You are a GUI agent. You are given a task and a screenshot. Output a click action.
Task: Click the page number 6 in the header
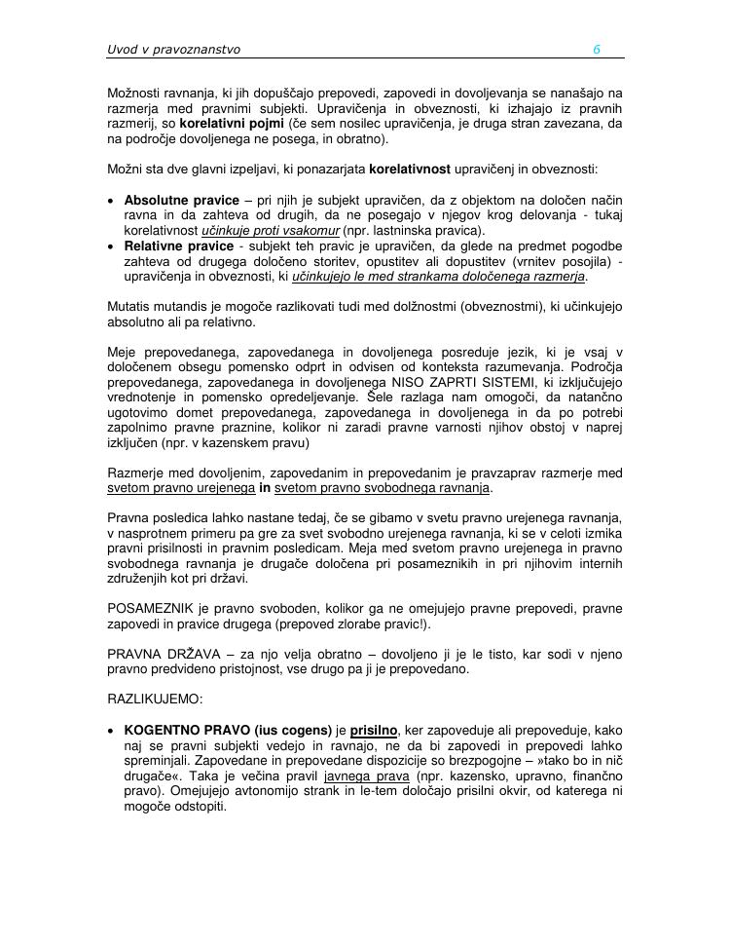coord(596,49)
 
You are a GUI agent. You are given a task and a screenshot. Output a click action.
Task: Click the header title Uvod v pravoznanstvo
coord(173,49)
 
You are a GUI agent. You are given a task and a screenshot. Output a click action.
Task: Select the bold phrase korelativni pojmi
coord(232,125)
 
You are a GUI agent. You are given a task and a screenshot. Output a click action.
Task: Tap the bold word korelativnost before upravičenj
coord(410,170)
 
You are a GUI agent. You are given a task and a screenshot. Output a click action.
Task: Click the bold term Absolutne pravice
coord(181,200)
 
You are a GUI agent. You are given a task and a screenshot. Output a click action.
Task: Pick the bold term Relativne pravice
coord(179,246)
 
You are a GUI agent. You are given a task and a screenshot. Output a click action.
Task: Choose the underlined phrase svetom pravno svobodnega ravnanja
coord(383,488)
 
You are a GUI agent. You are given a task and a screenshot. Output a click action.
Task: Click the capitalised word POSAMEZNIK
coord(153,609)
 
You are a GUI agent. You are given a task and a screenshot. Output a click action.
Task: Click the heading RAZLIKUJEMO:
coord(155,699)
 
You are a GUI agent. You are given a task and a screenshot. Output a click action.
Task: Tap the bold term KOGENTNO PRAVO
coord(188,729)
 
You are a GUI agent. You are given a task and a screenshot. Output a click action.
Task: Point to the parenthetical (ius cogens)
coord(293,729)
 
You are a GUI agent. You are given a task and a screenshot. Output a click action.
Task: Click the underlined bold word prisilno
coord(374,729)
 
